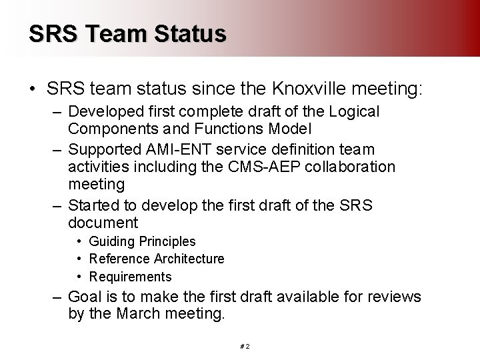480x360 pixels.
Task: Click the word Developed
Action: (x=103, y=111)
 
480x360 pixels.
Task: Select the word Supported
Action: (x=103, y=149)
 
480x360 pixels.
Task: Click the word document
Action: (x=103, y=223)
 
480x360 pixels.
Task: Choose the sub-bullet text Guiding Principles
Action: (x=142, y=241)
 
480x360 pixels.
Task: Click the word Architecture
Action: (x=189, y=259)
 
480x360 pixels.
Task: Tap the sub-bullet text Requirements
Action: (x=130, y=277)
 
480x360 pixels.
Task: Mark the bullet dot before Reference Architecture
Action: (x=79, y=259)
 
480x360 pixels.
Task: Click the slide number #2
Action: (x=244, y=347)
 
